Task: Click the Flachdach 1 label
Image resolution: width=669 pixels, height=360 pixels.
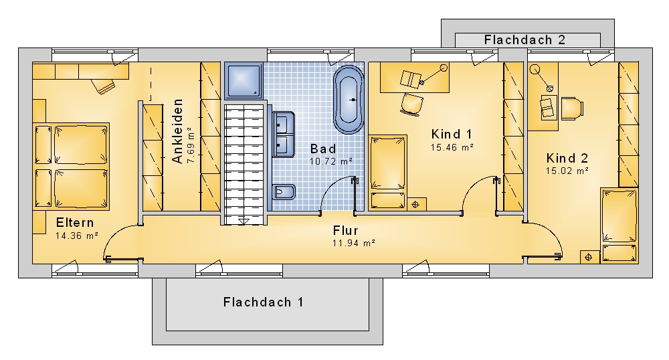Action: point(263,302)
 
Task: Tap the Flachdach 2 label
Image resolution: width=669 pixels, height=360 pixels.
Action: point(524,40)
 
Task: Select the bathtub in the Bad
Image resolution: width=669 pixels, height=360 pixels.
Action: point(349,100)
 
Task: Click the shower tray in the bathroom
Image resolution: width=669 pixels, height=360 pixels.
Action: point(244,81)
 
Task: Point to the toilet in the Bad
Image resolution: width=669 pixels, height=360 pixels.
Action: point(284,192)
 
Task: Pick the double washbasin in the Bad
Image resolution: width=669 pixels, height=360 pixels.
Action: point(283,134)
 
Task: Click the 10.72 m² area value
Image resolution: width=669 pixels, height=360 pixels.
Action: point(331,162)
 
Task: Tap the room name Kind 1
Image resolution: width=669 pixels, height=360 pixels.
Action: point(452,134)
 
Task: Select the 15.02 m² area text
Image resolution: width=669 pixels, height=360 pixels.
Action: point(567,171)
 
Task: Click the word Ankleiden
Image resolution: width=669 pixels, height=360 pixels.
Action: point(177,131)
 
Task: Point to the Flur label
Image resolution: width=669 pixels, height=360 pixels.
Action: point(346,231)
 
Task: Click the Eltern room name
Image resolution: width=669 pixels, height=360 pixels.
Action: point(75,223)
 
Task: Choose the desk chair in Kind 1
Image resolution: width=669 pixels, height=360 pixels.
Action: point(411,104)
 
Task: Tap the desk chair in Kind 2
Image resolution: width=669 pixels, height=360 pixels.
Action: point(572,108)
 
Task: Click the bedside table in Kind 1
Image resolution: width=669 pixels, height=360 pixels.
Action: point(417,204)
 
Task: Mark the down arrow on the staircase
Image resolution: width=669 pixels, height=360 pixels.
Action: point(244,221)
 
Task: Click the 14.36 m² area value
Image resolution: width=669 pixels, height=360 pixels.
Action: point(77,236)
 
